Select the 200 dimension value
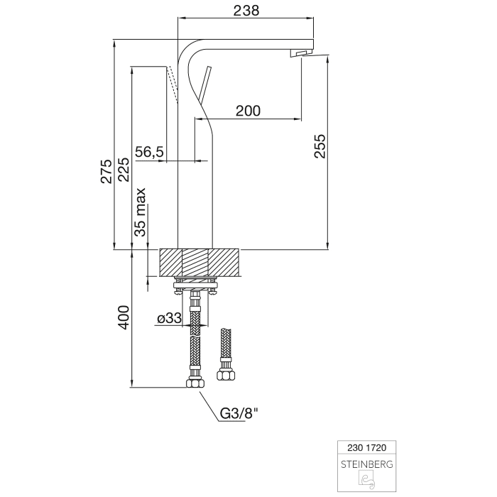coord(248,110)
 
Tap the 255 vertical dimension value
coord(319,146)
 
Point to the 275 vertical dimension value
coord(106,172)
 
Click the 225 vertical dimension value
coord(124,172)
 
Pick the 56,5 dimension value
coord(150,152)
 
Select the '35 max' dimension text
coord(141,212)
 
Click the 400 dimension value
coord(124,317)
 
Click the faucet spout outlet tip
coord(302,53)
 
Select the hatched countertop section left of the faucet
coord(171,262)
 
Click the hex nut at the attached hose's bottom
coord(194,383)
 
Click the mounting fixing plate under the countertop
coord(195,288)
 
